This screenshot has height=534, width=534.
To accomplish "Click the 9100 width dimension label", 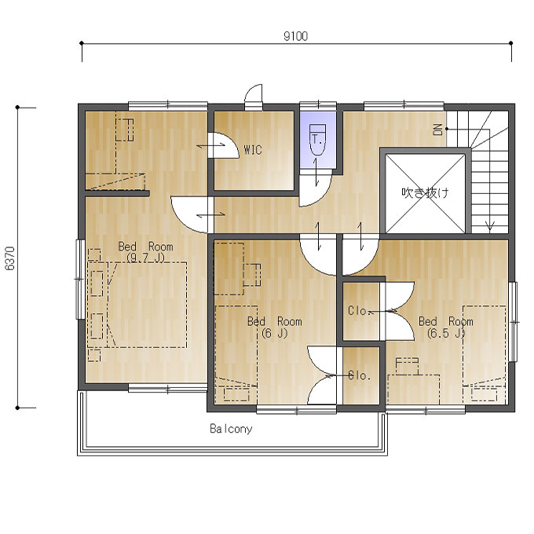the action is pyautogui.click(x=295, y=36).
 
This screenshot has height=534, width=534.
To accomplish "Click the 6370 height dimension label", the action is pyautogui.click(x=10, y=258).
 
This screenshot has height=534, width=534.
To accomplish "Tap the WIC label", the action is pyautogui.click(x=253, y=150).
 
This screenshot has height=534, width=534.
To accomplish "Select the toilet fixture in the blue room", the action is pyautogui.click(x=317, y=140).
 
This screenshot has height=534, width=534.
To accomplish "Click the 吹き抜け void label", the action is pyautogui.click(x=425, y=192).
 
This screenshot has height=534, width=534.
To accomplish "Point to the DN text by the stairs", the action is pyautogui.click(x=438, y=130).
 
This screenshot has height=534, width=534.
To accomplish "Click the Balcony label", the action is pyautogui.click(x=231, y=429).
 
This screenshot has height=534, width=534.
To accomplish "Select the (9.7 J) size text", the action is pyautogui.click(x=145, y=258).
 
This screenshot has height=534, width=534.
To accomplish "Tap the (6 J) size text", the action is pyautogui.click(x=275, y=333).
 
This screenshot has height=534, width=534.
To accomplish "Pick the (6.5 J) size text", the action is pyautogui.click(x=446, y=333).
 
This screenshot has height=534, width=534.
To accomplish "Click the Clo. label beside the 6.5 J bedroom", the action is pyautogui.click(x=357, y=311).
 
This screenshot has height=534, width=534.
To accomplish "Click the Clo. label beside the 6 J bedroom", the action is pyautogui.click(x=359, y=375).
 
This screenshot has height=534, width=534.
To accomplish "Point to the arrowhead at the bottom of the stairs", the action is pyautogui.click(x=490, y=225).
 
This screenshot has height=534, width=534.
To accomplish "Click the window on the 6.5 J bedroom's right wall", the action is pyautogui.click(x=513, y=322).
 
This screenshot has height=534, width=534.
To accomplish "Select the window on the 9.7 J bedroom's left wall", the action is pyautogui.click(x=80, y=280).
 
